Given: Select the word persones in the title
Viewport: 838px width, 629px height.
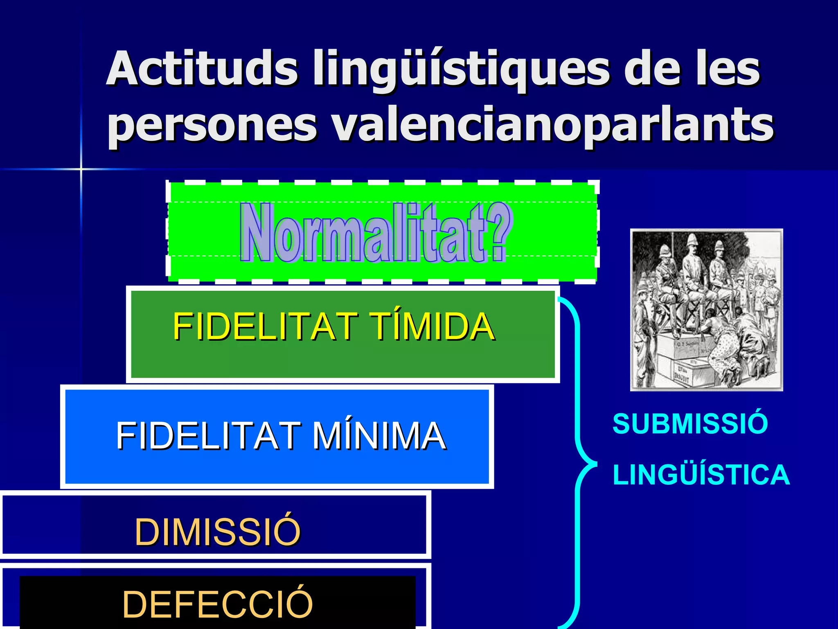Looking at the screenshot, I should pos(212,125).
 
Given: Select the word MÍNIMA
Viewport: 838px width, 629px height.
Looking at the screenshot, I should pos(379,436).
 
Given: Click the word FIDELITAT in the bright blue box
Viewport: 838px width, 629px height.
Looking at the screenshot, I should pos(208,436).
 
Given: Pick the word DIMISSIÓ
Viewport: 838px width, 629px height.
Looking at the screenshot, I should pos(218,532).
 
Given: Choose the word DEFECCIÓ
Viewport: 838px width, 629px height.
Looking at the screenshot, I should pos(218,604).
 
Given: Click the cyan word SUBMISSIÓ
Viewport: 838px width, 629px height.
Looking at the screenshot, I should pos(690,423).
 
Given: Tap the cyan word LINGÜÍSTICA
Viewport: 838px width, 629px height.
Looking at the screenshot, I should pos(701,475).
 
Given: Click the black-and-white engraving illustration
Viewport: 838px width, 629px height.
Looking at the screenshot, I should pos(706,310).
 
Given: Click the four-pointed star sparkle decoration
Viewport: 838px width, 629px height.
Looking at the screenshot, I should pos(81,169).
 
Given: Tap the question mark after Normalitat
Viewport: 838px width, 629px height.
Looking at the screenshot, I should pos(500,233).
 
